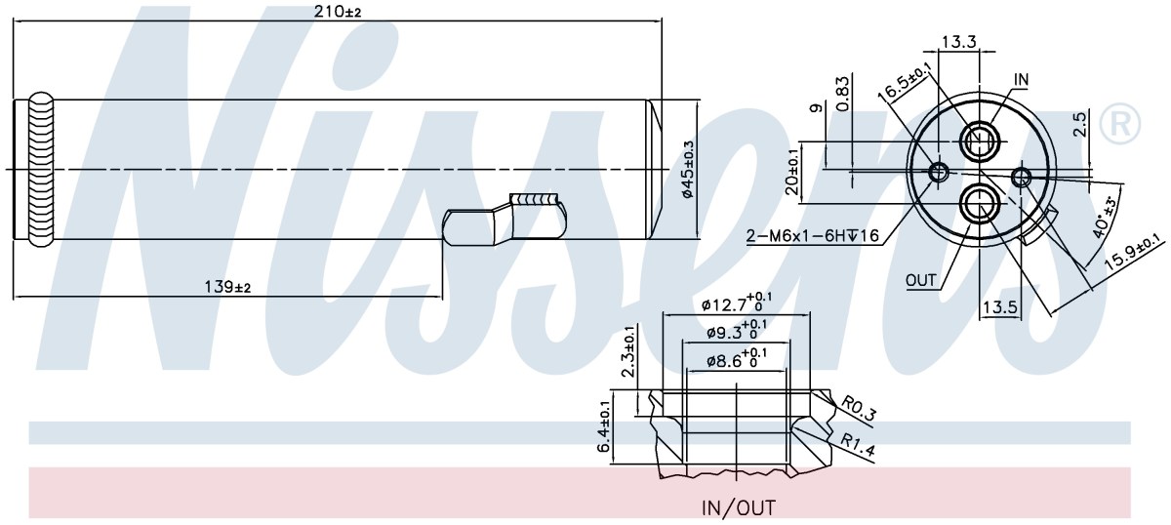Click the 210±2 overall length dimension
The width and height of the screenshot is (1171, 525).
point(338,11)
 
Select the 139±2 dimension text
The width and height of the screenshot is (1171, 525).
point(227,287)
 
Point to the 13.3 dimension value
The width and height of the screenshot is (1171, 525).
point(959,42)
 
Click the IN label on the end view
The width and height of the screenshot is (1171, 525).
point(1021,80)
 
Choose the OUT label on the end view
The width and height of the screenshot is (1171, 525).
point(920,281)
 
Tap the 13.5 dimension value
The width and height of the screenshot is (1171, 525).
point(1000,307)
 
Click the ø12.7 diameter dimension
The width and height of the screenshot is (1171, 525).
point(736,303)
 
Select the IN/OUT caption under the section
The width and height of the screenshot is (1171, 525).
point(738,507)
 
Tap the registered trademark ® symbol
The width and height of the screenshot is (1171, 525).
point(1119,124)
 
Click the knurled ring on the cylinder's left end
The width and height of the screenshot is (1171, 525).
point(41,170)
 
